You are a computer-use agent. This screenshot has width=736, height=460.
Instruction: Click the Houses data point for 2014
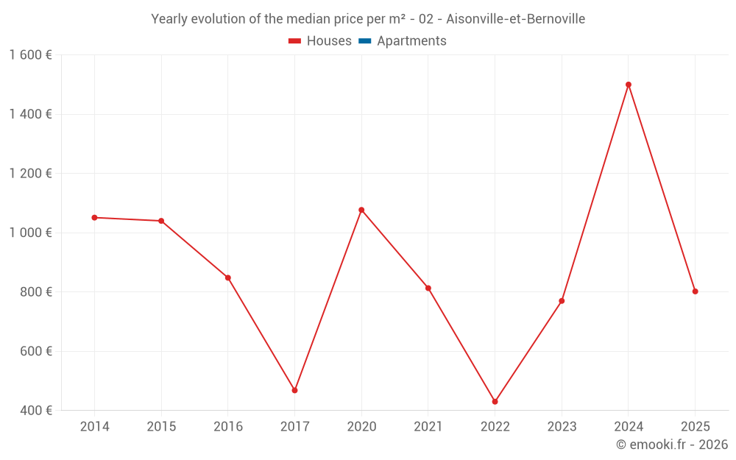94,218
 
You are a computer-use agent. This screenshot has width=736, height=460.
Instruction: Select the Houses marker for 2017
294,390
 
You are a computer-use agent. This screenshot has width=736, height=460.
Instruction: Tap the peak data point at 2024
629,85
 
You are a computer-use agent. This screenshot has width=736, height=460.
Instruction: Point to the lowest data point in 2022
495,402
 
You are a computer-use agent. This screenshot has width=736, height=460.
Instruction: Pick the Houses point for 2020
361,210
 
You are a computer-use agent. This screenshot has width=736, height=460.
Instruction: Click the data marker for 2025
695,291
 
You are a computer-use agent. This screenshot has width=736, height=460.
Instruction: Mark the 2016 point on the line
228,277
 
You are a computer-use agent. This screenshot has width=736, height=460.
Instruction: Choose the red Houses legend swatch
294,41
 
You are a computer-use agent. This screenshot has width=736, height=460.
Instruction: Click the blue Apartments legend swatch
364,41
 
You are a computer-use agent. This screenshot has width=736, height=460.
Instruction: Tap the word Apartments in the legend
411,41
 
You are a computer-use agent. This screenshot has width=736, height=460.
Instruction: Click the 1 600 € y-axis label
31,55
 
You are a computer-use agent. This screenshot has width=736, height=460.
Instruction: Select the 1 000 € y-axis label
31,233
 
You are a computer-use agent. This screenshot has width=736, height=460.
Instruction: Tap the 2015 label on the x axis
161,427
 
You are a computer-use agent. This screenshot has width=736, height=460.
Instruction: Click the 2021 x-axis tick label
428,427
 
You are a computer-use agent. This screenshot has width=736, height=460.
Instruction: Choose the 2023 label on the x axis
562,427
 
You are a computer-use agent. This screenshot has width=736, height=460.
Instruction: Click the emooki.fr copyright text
672,445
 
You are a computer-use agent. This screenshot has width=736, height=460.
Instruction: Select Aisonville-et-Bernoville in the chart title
515,19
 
